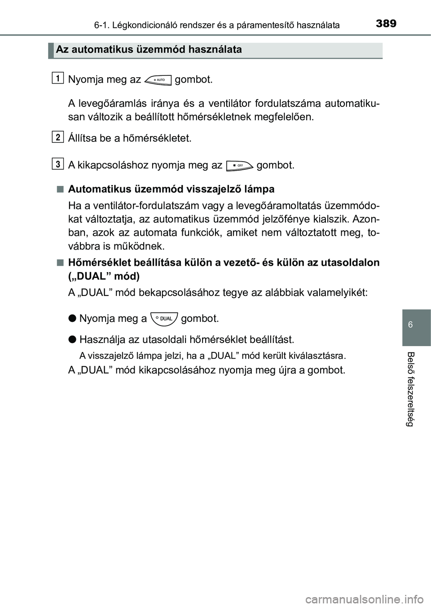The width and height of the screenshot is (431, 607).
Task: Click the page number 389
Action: click(x=386, y=23)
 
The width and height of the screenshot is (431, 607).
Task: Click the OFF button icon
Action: click(x=239, y=165)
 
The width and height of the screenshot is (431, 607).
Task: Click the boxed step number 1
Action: click(x=57, y=79)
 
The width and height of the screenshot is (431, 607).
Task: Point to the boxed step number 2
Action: click(x=57, y=137)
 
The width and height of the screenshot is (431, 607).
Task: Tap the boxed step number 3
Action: click(x=57, y=164)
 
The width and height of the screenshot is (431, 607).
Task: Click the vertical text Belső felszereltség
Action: click(x=410, y=388)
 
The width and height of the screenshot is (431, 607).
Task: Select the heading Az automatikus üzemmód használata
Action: click(x=149, y=49)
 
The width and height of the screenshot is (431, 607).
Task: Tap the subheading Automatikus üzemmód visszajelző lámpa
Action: click(x=171, y=189)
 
